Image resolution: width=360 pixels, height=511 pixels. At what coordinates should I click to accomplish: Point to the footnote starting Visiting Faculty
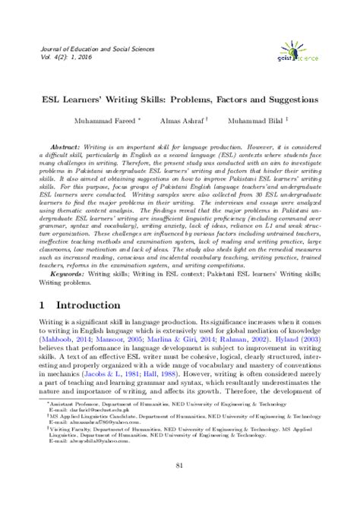point(175,427)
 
